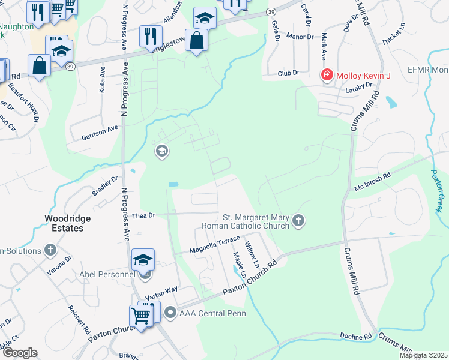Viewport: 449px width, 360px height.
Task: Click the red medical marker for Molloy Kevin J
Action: point(327,76)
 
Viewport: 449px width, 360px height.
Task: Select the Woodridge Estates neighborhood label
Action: point(71,223)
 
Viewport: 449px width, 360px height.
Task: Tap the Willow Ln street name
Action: point(252,254)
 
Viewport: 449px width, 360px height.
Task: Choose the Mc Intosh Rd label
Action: point(373,179)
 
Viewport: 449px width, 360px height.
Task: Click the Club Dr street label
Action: point(288,73)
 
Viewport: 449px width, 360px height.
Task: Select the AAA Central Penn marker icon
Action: point(171,312)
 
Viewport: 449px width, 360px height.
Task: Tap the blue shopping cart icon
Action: point(140,314)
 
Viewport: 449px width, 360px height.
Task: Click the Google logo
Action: point(19,353)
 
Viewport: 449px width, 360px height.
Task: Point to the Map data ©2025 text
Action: point(423,355)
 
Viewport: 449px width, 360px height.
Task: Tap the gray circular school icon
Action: point(161,151)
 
